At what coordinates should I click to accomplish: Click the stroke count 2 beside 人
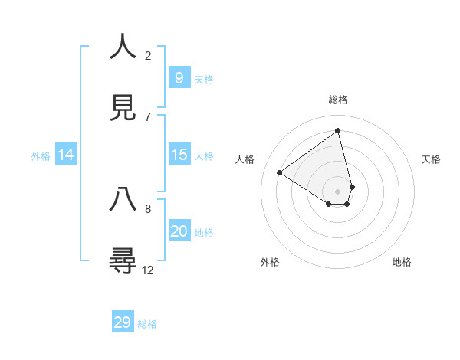pyautogui.click(x=148, y=55)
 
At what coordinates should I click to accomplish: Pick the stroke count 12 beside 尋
pyautogui.click(x=148, y=270)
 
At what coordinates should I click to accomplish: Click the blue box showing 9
pyautogui.click(x=179, y=77)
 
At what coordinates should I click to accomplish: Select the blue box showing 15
pyautogui.click(x=179, y=155)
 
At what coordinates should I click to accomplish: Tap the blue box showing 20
pyautogui.click(x=179, y=231)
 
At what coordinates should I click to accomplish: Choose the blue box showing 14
pyautogui.click(x=66, y=155)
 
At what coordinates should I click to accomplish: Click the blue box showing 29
pyautogui.click(x=123, y=322)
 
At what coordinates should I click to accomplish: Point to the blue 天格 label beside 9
pyautogui.click(x=204, y=79)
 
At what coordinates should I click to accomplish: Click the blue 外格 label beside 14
pyautogui.click(x=41, y=156)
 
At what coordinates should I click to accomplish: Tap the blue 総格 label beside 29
pyautogui.click(x=147, y=324)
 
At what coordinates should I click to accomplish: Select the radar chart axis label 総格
pyautogui.click(x=338, y=100)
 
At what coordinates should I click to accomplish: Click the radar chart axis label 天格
pyautogui.click(x=432, y=159)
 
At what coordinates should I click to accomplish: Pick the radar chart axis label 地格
pyautogui.click(x=402, y=262)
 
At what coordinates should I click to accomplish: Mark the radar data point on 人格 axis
pyautogui.click(x=280, y=173)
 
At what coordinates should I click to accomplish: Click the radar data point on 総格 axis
pyautogui.click(x=338, y=130)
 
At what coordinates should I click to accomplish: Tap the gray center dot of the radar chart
pyautogui.click(x=338, y=191)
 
